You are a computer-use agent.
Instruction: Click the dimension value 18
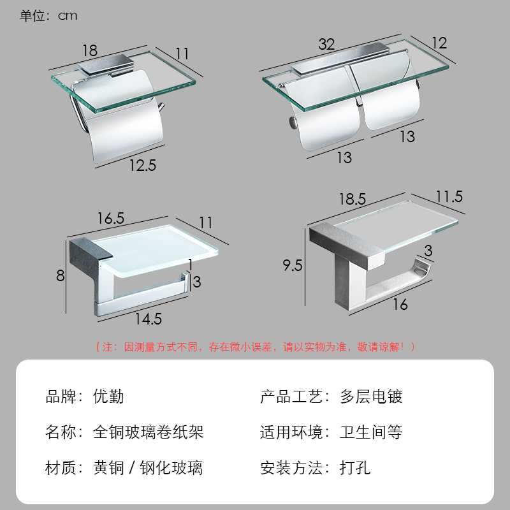[x=89, y=50]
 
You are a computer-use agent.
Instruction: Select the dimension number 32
[x=326, y=44]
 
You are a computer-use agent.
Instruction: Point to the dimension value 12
[x=439, y=43]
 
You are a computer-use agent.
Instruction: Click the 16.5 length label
[x=110, y=218]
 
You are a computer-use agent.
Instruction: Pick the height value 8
[x=60, y=276]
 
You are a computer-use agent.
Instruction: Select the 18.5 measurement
[x=352, y=199]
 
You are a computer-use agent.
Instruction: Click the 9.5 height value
[x=293, y=265]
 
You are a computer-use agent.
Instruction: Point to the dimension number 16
[x=400, y=305]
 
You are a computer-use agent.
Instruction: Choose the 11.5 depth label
[x=449, y=197]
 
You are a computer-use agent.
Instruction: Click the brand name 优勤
[x=108, y=397]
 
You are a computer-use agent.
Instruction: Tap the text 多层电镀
[x=371, y=397]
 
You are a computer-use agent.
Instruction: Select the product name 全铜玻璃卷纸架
[x=148, y=432]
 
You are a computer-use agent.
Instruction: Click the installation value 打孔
[x=355, y=469]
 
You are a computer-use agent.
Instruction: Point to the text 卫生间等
[x=371, y=432]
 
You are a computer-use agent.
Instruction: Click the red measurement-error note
[x=255, y=347]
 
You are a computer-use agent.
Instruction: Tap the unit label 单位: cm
[x=48, y=16]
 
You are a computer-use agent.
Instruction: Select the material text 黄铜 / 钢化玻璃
[x=148, y=469]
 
